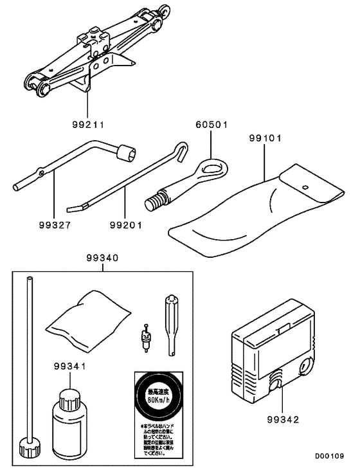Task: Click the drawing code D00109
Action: coord(330,457)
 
